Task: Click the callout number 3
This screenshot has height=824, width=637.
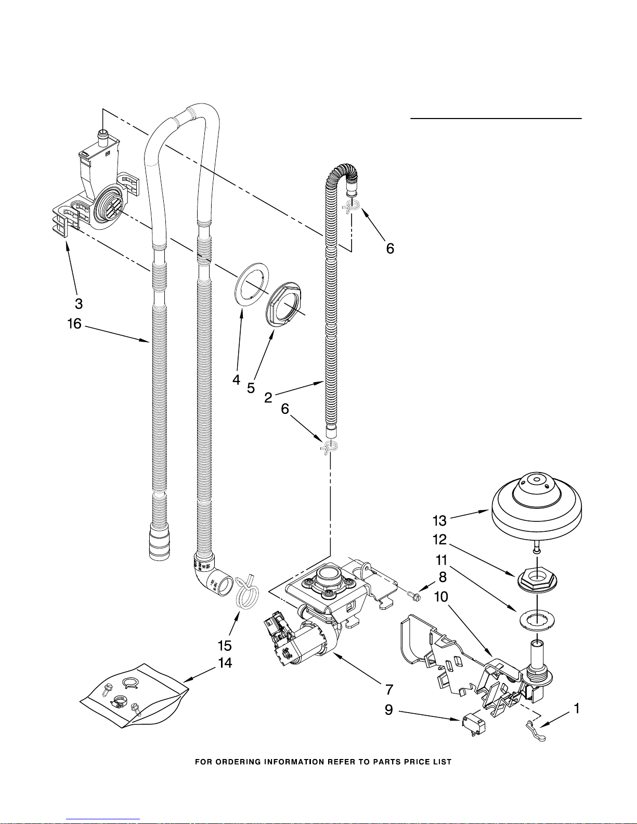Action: [79, 304]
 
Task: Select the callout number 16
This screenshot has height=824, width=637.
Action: [74, 323]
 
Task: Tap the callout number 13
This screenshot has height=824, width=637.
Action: [440, 520]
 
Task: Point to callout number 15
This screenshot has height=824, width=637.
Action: [225, 645]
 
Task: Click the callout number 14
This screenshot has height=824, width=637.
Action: [225, 662]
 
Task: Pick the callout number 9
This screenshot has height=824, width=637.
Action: [389, 710]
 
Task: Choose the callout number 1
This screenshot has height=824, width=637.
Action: [577, 708]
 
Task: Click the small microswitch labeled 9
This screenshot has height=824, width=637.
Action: [474, 727]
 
